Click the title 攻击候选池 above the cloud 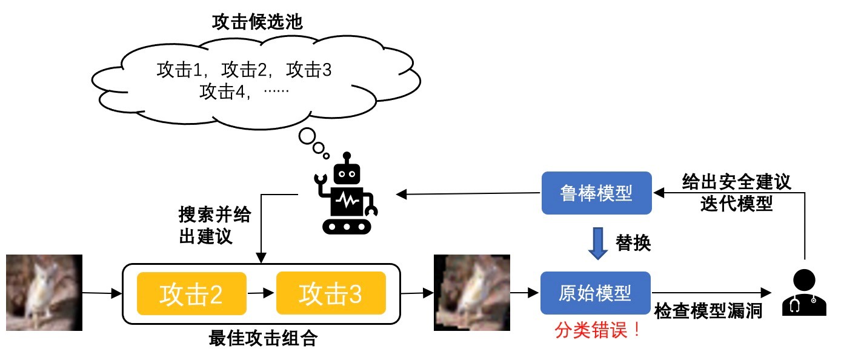[x=257, y=23]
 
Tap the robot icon [x=345, y=193]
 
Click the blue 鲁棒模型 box [x=596, y=193]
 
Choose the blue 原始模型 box [x=595, y=293]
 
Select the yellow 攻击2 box [x=191, y=294]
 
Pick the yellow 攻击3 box [x=330, y=294]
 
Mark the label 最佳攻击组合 [x=262, y=338]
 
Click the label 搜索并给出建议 [x=214, y=225]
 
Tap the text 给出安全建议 [x=736, y=181]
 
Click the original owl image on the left [x=44, y=293]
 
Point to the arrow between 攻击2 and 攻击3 [x=261, y=294]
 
